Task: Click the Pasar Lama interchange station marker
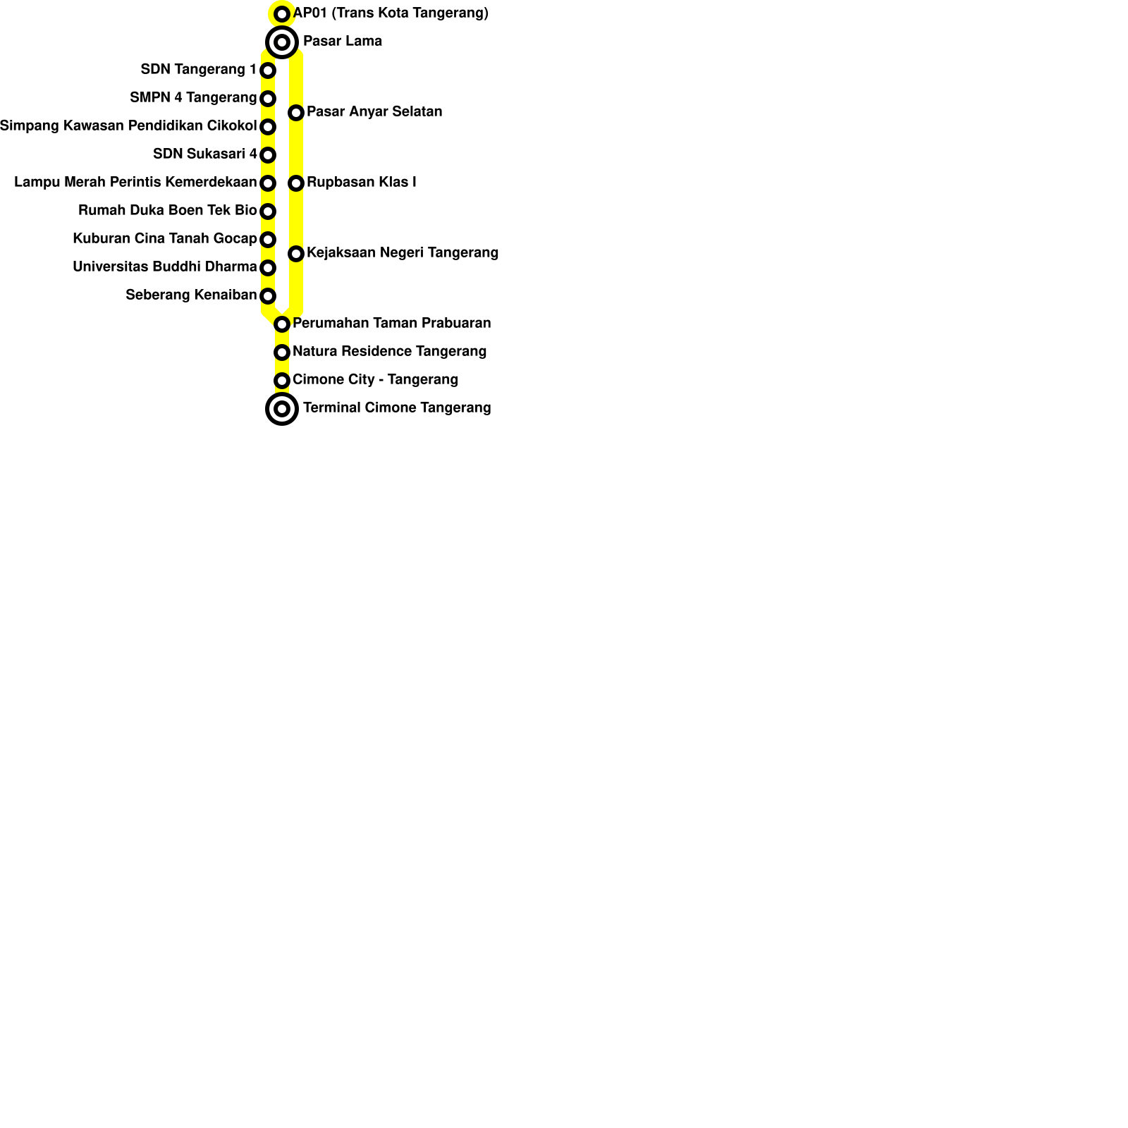[282, 42]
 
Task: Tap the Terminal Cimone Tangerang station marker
[282, 409]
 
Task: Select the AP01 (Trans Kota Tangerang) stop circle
[282, 14]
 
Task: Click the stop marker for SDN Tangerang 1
[268, 70]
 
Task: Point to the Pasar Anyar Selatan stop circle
[296, 113]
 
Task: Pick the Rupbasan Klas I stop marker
[296, 183]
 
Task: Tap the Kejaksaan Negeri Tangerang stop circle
[296, 254]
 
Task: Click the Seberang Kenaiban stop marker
[268, 296]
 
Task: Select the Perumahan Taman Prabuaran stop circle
[282, 324]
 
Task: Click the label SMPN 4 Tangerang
[193, 98]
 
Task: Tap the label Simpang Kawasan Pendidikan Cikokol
[128, 126]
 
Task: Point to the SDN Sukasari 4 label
[205, 154]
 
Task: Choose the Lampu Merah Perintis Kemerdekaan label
[135, 183]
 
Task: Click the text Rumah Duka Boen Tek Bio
[168, 211]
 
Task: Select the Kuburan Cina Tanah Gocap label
[165, 239]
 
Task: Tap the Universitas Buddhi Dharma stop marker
[268, 268]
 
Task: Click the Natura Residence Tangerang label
[389, 352]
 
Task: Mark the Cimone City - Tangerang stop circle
[282, 381]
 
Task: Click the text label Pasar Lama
[343, 42]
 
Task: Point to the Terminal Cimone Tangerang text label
[397, 408]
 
